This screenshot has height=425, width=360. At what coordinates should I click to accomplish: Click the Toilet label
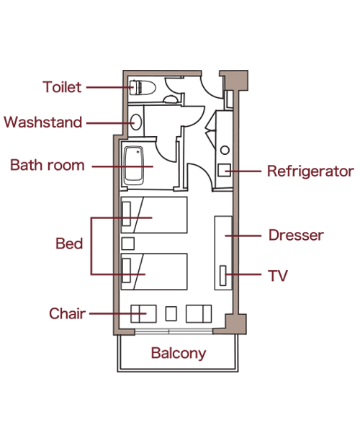(62, 87)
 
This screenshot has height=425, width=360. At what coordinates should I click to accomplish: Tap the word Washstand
(42, 122)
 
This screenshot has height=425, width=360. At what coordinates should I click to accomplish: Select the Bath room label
(48, 165)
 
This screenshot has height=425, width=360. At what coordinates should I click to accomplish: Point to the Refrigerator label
(310, 171)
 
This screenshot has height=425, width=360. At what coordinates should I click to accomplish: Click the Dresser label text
(296, 235)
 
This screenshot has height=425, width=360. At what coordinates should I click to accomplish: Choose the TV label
(278, 276)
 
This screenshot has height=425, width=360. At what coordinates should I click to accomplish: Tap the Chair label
(67, 313)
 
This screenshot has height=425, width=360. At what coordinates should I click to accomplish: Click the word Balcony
(179, 353)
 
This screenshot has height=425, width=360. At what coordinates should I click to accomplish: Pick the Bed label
(69, 243)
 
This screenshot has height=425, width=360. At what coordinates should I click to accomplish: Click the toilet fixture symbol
(143, 88)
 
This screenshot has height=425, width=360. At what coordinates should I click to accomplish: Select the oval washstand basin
(136, 122)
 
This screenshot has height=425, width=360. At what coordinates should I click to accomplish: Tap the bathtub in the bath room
(133, 166)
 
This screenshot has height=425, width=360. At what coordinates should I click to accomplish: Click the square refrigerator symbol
(225, 170)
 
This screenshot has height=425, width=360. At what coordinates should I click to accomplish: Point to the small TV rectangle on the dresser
(223, 275)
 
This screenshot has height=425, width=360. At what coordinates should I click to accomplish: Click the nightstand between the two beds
(128, 243)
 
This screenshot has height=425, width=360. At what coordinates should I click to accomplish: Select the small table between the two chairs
(171, 313)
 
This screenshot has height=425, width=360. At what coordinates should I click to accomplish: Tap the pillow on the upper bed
(127, 214)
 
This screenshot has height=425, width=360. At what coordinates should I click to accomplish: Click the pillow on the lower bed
(127, 271)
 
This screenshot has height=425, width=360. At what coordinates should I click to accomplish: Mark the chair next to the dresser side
(199, 314)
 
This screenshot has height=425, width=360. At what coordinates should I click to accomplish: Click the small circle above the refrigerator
(225, 150)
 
